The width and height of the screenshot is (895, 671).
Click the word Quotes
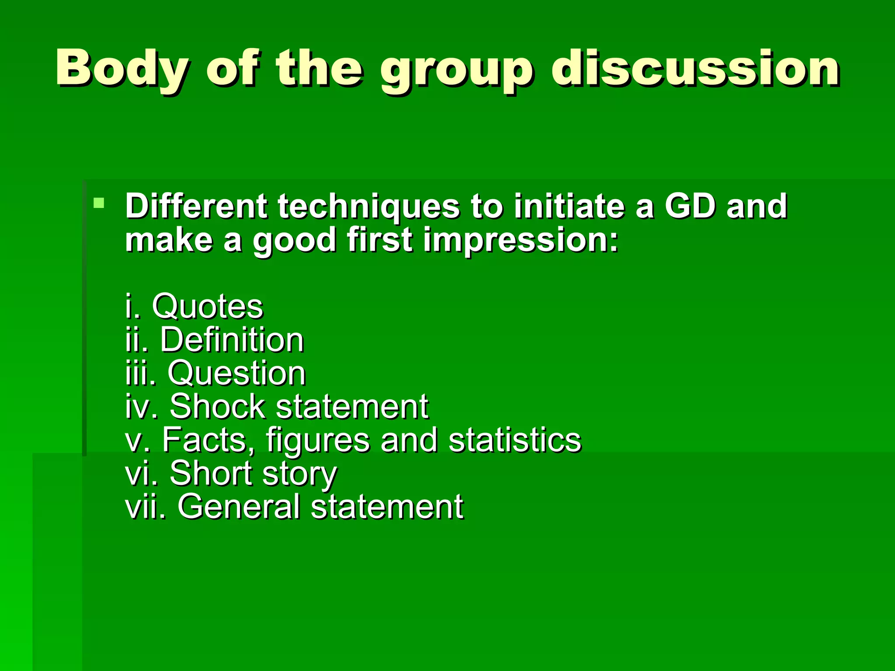click(208, 306)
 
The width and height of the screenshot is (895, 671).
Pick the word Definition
click(232, 340)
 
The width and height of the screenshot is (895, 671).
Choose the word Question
click(236, 374)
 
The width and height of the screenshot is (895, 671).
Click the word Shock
click(218, 407)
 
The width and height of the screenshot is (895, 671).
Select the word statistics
click(515, 440)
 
